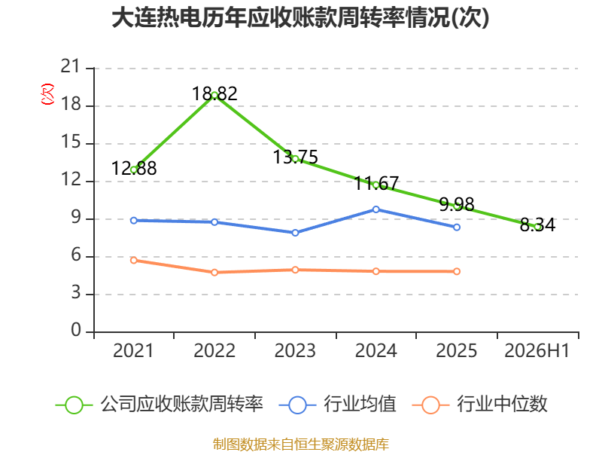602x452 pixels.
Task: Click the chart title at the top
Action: (x=300, y=17)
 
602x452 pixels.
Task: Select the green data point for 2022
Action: (x=214, y=96)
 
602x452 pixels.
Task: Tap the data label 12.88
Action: (x=134, y=168)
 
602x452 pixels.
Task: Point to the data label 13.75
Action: (x=295, y=157)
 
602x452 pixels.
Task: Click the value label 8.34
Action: (x=537, y=224)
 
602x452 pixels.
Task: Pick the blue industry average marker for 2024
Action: (x=375, y=209)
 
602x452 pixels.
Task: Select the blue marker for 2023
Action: (x=295, y=233)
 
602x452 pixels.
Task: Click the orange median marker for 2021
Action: (x=134, y=260)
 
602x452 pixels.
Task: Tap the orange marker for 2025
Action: (x=457, y=271)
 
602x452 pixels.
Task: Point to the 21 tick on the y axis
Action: (x=70, y=66)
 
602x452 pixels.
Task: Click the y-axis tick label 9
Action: (x=76, y=218)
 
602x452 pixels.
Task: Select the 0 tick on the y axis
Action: (x=76, y=330)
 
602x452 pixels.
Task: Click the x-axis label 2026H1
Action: (x=537, y=350)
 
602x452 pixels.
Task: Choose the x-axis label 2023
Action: (x=295, y=350)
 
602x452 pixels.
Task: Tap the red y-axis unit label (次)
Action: (x=47, y=94)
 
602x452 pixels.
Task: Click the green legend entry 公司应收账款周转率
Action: (x=160, y=405)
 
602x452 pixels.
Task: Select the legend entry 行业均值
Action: (x=338, y=405)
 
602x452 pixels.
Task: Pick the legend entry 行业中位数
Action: (x=480, y=405)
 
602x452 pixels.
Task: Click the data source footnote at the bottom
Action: (x=301, y=444)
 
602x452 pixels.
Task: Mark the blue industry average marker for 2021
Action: (x=134, y=221)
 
